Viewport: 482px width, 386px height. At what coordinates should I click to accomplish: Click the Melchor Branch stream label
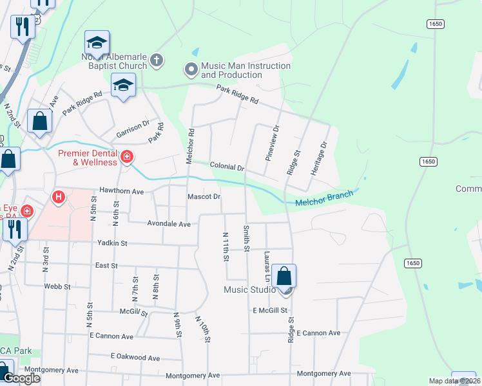pos(324,199)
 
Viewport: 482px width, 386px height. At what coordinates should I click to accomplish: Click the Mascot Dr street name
pos(204,196)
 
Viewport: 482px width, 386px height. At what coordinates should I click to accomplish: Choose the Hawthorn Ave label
pos(121,191)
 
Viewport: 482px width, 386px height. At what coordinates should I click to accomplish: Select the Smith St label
pos(246,238)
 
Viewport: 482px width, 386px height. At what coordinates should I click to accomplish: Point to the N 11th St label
pos(226,247)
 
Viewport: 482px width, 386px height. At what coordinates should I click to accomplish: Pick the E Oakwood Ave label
pos(135,356)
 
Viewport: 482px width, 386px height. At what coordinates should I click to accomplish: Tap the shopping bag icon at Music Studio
pos(284,277)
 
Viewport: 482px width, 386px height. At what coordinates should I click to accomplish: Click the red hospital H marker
pos(59,197)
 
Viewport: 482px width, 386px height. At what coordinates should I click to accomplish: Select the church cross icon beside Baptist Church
pos(157,61)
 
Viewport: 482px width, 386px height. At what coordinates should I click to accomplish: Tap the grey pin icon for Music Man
pos(191,68)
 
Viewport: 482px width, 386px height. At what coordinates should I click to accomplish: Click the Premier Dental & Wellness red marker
pos(127,156)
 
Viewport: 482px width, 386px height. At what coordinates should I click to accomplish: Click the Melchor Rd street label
pos(191,146)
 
